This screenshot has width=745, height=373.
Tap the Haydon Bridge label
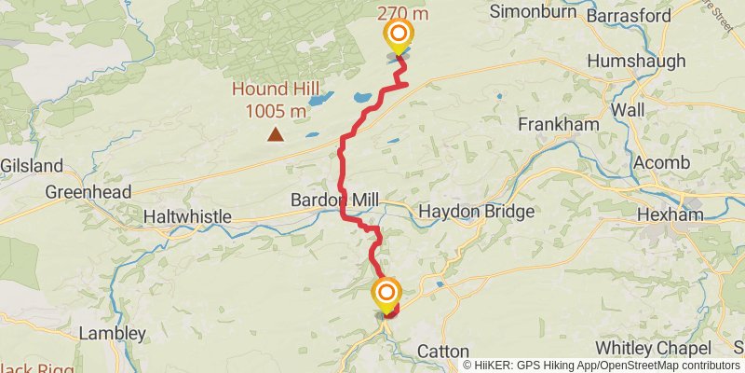[x=477, y=212]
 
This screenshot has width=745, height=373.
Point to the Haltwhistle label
[x=187, y=216]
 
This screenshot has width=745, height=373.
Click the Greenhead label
[x=88, y=192]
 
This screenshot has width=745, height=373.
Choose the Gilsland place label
[x=32, y=166]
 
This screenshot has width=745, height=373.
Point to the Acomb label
[x=661, y=163]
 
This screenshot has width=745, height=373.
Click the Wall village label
[x=628, y=110]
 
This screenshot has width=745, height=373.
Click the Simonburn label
[x=529, y=13]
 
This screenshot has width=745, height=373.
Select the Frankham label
[x=549, y=124]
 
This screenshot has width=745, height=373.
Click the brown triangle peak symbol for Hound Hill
[x=275, y=135]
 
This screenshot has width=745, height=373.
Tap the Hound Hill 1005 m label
[x=276, y=102]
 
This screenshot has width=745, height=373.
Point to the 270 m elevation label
[x=401, y=12]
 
